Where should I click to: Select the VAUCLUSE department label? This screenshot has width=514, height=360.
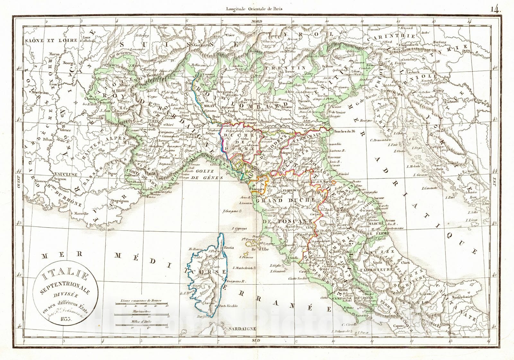pyautogui.click(x=64, y=174)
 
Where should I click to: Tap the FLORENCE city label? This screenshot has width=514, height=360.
pyautogui.click(x=291, y=190)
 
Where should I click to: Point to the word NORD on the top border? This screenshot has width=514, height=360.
pyautogui.click(x=257, y=21)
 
